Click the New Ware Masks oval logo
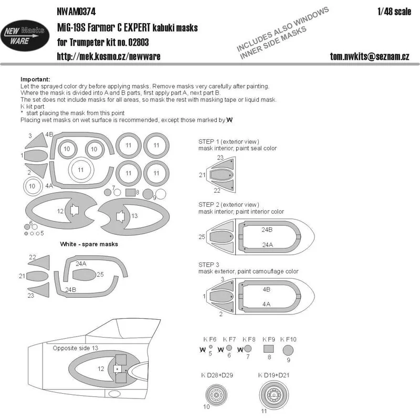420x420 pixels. click(x=25, y=36)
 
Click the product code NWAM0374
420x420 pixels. click(x=76, y=12)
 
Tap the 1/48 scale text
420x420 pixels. click(x=394, y=12)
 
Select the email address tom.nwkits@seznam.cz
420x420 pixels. click(x=370, y=56)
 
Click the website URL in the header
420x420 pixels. click(x=109, y=56)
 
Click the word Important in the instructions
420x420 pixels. click(x=35, y=79)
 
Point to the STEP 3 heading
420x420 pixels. click(x=208, y=265)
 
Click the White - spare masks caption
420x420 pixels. click(x=89, y=244)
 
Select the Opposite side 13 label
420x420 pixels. click(x=75, y=348)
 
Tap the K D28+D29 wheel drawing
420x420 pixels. click(x=216, y=395)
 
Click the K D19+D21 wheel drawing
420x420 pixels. click(x=274, y=395)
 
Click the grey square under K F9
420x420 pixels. click(x=268, y=349)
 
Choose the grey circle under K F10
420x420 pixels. click(x=288, y=350)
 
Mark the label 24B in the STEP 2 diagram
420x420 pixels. click(x=267, y=230)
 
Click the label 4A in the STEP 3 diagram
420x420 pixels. click(x=266, y=304)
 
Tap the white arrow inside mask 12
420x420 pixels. click(x=74, y=211)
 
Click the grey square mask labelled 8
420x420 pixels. click(x=130, y=193)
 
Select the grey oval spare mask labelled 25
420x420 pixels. click(x=84, y=275)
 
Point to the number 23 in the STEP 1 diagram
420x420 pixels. click(x=220, y=157)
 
